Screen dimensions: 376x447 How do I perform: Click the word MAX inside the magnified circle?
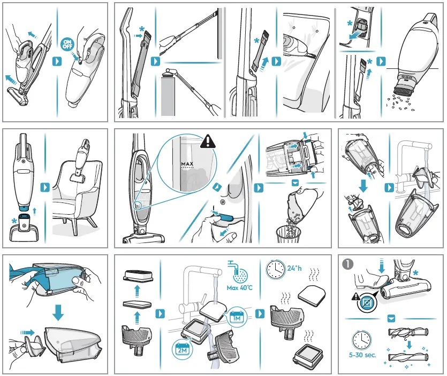pyautogui.click(x=187, y=163)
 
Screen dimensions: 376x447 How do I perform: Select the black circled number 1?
pyautogui.click(x=348, y=264)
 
